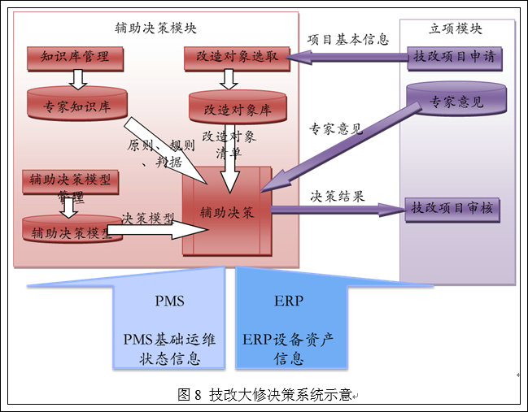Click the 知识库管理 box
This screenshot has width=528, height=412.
pos(75,57)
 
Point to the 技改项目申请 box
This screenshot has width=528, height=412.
pos(454,58)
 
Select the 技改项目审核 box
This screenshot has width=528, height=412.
pos(452,210)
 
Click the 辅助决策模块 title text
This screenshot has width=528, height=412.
pos(156,28)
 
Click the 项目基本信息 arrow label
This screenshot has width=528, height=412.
pos(348,38)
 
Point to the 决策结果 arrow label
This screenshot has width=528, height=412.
pos(338,196)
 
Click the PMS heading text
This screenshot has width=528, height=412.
pos(169,301)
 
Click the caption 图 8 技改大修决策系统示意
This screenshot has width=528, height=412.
pos(264,395)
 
